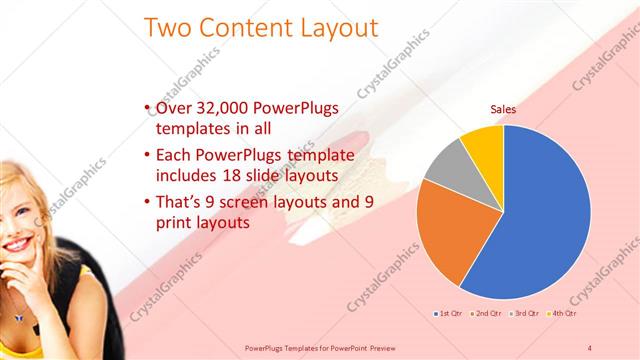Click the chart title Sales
click(502, 110)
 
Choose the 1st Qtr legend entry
click(449, 314)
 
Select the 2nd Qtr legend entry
click(488, 314)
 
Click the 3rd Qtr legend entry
click(527, 314)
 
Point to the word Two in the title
click(170, 27)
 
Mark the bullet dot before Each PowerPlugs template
click(148, 156)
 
